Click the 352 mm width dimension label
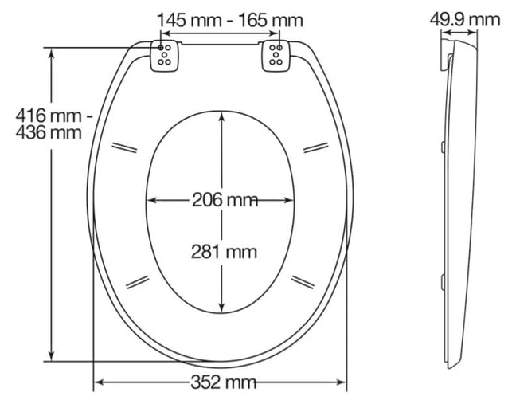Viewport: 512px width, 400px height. (x=223, y=382)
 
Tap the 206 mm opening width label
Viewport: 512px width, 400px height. (x=225, y=200)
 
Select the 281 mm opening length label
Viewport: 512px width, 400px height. (x=224, y=252)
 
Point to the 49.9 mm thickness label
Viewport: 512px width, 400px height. (x=465, y=20)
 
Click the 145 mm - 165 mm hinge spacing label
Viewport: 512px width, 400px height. (x=230, y=20)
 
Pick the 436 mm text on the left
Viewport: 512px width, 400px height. (x=49, y=133)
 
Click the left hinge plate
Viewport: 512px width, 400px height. (x=165, y=56)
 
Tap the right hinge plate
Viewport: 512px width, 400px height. (x=276, y=56)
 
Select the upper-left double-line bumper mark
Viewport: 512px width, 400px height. (x=124, y=147)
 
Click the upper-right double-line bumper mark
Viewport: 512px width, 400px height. (x=316, y=147)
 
